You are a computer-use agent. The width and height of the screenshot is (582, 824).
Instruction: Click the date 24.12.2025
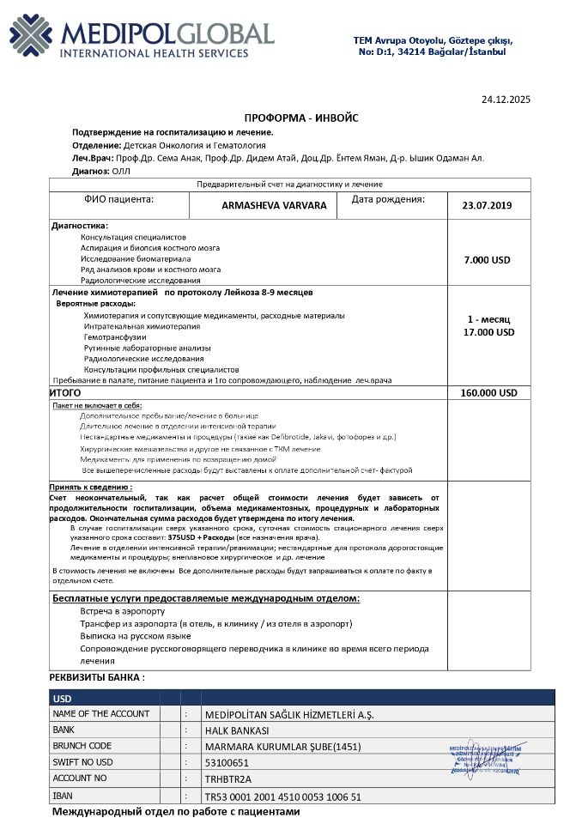pyautogui.click(x=506, y=100)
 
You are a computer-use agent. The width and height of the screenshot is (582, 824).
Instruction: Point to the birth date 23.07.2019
pyautogui.click(x=487, y=206)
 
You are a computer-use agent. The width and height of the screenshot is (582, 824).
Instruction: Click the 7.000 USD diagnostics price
pyautogui.click(x=488, y=259)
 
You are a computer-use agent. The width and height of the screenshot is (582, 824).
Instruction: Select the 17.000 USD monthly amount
pyautogui.click(x=488, y=331)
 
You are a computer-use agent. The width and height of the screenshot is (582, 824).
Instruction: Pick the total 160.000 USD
pyautogui.click(x=488, y=392)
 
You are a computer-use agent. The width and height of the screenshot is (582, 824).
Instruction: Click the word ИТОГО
pyautogui.click(x=66, y=392)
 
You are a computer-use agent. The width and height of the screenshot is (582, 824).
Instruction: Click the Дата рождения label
pyautogui.click(x=389, y=199)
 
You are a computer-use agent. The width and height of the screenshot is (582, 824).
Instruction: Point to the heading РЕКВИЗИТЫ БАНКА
pyautogui.click(x=97, y=677)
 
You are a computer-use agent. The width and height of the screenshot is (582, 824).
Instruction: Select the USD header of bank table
pyautogui.click(x=62, y=699)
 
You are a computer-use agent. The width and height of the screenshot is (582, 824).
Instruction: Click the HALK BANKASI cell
pyautogui.click(x=239, y=730)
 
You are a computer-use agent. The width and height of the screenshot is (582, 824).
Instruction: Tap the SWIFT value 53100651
pyautogui.click(x=227, y=762)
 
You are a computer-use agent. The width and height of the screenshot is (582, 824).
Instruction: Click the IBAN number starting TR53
pyautogui.click(x=283, y=796)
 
